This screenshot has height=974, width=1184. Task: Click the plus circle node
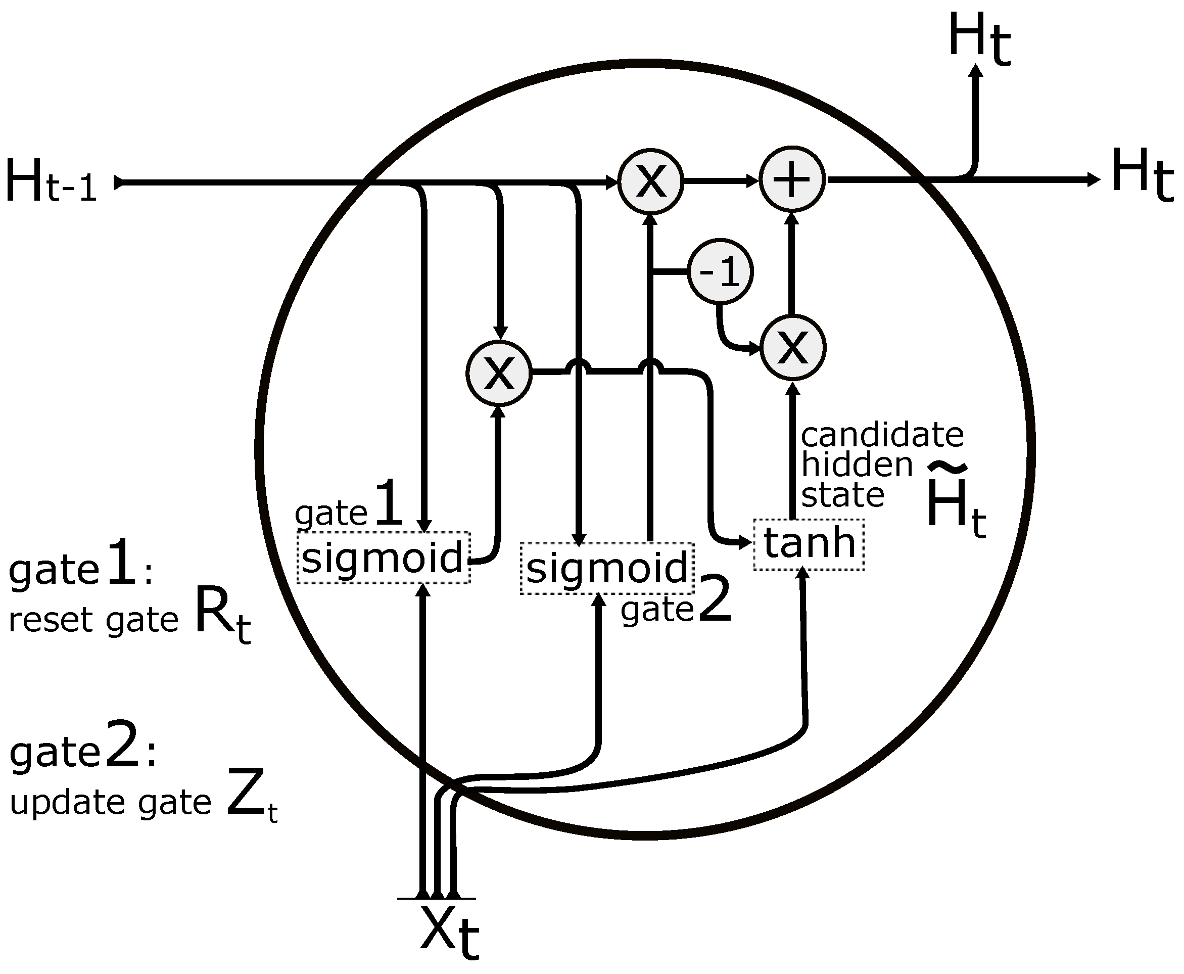[791, 179]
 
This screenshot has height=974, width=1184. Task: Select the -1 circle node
[720, 271]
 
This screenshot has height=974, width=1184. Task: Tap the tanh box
[809, 544]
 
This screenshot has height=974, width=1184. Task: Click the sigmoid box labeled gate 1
[383, 558]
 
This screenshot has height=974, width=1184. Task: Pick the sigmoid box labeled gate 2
[607, 568]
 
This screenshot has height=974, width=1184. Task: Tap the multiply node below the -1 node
[792, 347]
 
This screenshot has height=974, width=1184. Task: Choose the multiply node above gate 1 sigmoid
[499, 373]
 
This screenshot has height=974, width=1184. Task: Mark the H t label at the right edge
[1142, 174]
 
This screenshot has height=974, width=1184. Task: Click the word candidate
[882, 435]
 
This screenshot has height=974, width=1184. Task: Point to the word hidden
[857, 465]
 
